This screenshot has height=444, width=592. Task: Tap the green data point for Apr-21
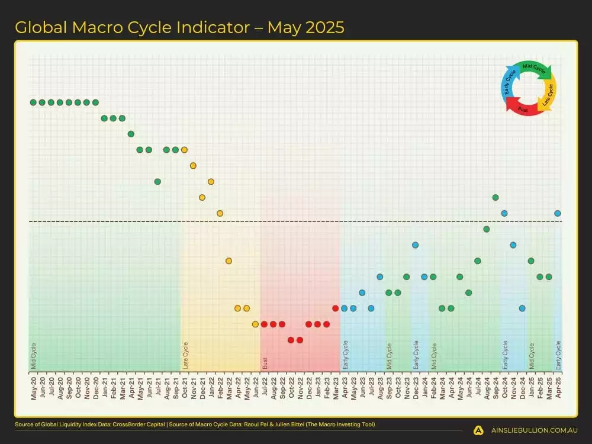pos(131,134)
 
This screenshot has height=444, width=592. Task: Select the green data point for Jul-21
pos(157,181)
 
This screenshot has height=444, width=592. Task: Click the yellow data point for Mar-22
pos(229,260)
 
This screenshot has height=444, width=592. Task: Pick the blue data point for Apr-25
pos(558,213)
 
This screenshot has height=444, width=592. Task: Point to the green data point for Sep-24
pos(496,197)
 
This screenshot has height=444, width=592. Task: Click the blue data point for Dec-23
pos(416,244)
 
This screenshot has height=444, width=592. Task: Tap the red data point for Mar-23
pos(336,308)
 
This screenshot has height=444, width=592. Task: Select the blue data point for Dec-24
pos(522,308)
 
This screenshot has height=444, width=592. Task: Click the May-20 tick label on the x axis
pos(34,387)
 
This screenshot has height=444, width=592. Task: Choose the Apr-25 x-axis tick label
pos(558,387)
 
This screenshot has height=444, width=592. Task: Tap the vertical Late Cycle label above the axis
pos(185,355)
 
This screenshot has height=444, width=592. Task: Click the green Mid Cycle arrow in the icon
pos(535,69)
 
